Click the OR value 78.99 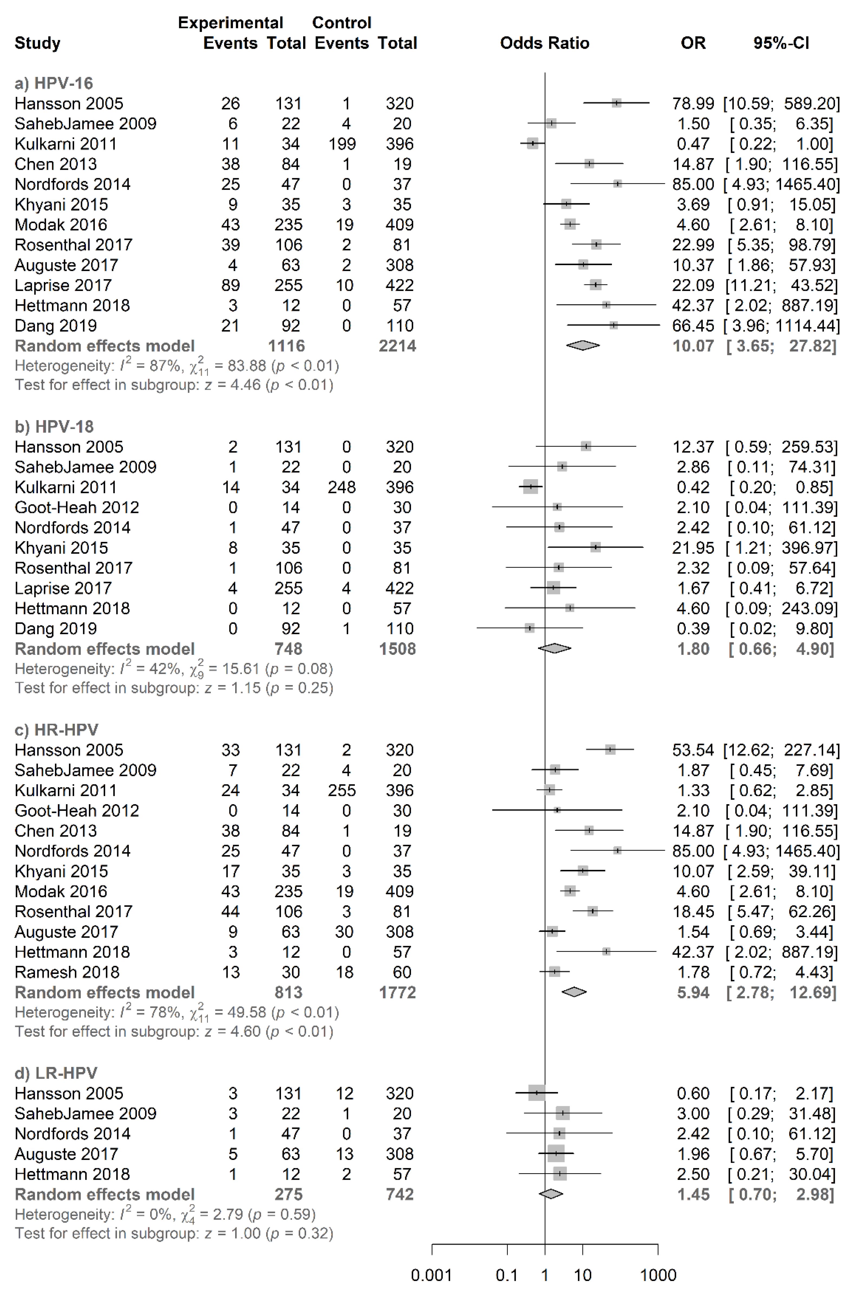(x=693, y=103)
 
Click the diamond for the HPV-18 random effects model (x=554, y=649)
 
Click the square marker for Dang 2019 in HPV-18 (x=529, y=629)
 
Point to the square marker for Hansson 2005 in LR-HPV (x=536, y=1093)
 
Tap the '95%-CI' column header (x=781, y=43)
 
